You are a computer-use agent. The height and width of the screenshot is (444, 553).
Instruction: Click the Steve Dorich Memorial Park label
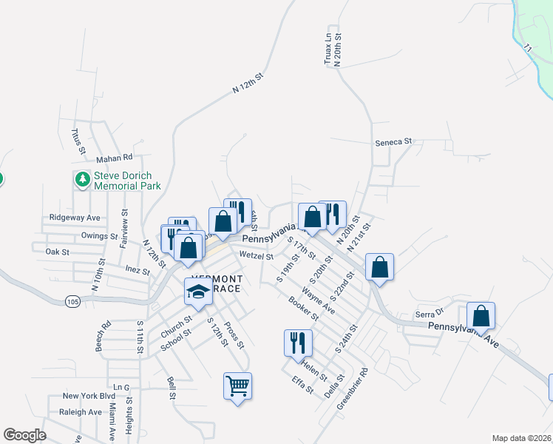127,181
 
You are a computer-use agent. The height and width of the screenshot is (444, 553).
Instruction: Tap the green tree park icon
82,179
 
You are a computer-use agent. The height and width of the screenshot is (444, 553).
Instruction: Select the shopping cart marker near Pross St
237,386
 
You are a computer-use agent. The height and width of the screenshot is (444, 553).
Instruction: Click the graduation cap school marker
198,292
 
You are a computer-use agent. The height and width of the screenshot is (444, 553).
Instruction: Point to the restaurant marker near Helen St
298,343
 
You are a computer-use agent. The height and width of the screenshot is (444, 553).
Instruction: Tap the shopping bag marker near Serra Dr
481,316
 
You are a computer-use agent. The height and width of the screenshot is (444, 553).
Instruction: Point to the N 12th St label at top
248,81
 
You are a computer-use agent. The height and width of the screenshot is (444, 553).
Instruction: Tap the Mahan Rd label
114,158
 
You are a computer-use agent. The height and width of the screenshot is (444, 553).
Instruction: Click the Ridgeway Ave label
74,218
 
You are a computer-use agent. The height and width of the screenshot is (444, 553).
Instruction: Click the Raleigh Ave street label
81,412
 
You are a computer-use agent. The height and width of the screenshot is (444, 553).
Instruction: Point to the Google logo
25,435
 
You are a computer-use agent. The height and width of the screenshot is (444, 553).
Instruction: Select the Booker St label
303,309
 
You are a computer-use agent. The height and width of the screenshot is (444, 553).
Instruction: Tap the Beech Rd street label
103,335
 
